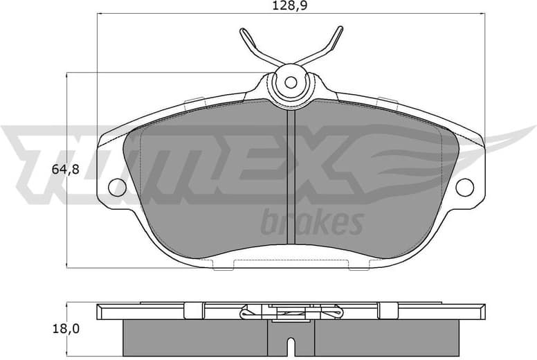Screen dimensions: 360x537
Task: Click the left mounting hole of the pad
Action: [117, 186]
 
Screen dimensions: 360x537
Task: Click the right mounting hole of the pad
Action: [464, 186]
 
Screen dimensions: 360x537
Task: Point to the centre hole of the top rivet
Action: [291, 82]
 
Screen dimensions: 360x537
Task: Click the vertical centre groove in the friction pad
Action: [291, 180]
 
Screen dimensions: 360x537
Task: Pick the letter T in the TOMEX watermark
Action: [42, 159]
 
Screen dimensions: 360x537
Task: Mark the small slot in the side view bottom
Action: [291, 342]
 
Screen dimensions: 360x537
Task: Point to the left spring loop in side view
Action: [249, 314]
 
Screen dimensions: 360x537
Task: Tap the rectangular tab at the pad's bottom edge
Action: [291, 263]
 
